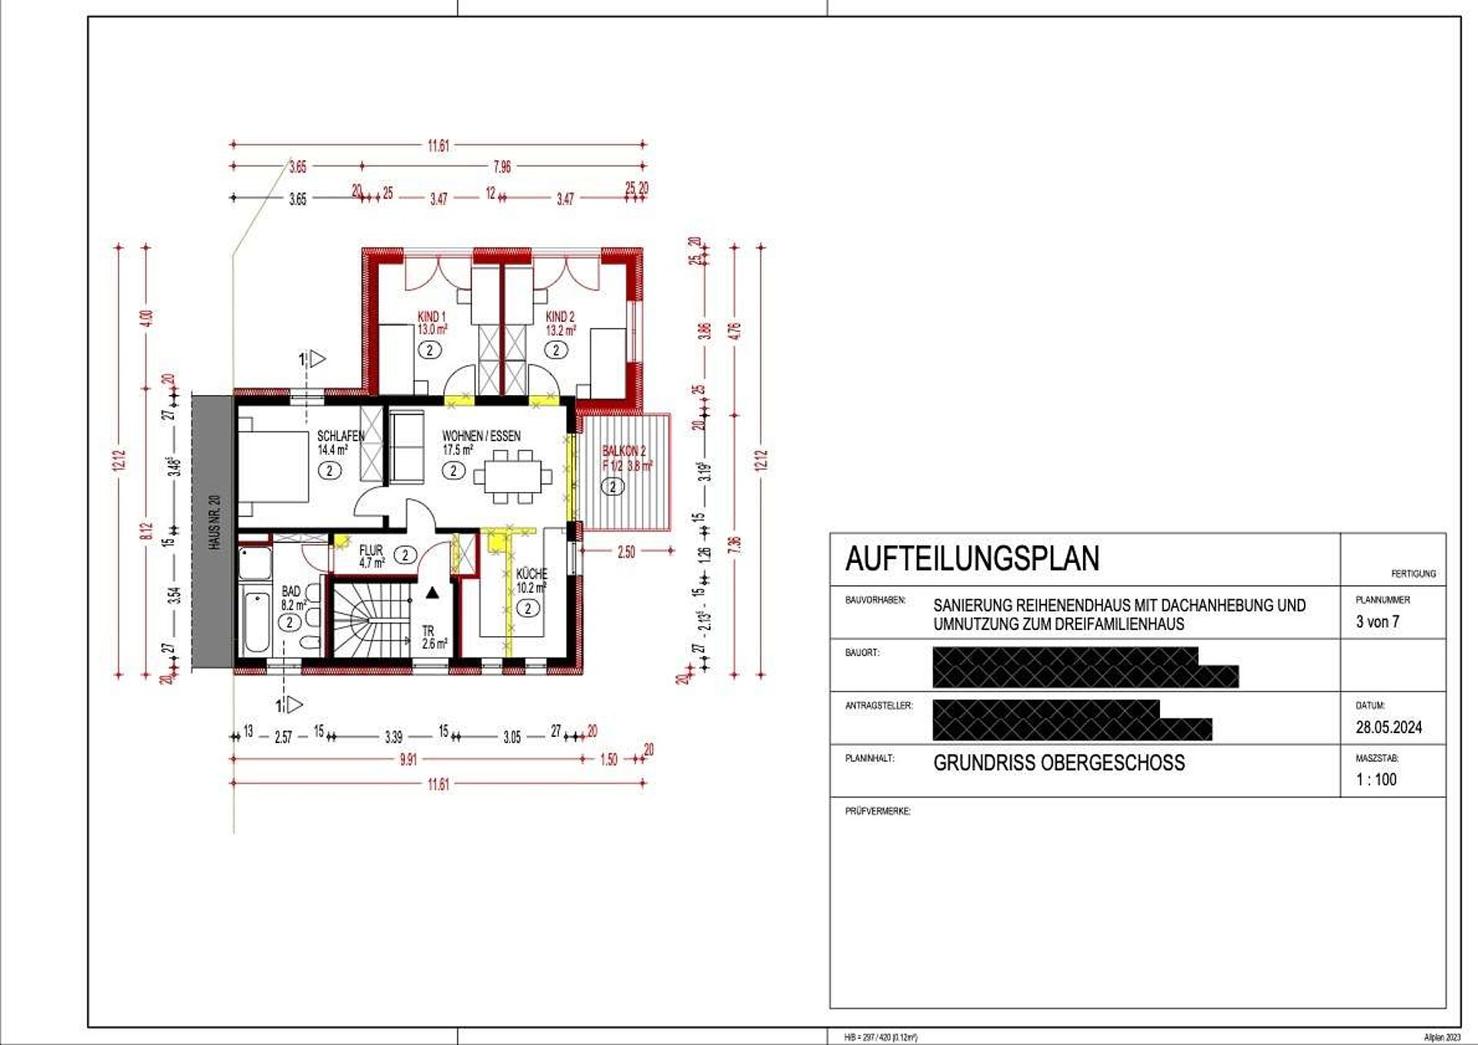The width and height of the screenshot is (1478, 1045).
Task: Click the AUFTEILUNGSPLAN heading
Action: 972,559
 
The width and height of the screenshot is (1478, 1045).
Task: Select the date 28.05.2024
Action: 1389,727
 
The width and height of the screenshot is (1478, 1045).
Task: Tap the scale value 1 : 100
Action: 1376,779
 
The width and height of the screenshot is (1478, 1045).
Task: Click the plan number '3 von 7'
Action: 1377,621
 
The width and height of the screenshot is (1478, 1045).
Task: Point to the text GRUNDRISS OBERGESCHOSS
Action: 1058,763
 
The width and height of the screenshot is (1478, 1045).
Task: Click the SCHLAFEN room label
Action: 340,436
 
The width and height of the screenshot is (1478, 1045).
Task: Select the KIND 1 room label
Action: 431,317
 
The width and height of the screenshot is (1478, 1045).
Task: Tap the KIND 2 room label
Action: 560,317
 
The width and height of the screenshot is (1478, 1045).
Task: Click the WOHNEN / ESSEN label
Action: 481,436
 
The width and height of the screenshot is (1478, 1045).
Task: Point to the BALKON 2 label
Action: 624,451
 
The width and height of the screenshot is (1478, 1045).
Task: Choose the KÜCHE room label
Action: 531,574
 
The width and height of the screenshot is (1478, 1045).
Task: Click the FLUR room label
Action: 371,550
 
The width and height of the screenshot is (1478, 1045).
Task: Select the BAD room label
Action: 291,591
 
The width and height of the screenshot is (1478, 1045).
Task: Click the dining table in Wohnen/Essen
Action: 512,477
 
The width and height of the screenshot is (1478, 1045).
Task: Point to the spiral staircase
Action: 369,621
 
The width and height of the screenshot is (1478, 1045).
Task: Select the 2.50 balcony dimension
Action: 626,551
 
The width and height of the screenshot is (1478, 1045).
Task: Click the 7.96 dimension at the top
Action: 502,166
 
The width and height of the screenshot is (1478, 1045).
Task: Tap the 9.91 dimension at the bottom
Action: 408,760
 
